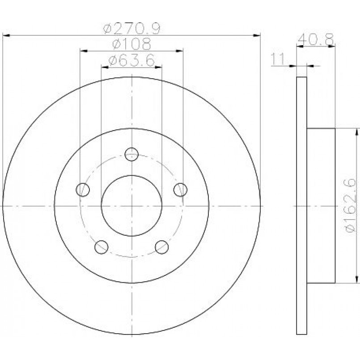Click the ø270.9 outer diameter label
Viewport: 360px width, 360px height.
[x=131, y=29]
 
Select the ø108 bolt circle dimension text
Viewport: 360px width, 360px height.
[x=131, y=44]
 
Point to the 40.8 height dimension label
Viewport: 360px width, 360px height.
[x=315, y=39]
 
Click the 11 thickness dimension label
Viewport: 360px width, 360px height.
[x=278, y=59]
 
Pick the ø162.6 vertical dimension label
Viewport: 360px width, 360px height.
[x=350, y=205]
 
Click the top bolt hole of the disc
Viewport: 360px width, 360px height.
[x=131, y=154]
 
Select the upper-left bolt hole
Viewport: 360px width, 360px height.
[x=83, y=190]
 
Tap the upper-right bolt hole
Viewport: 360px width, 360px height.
[x=181, y=190]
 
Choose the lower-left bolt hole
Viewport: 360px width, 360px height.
[x=101, y=247]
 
